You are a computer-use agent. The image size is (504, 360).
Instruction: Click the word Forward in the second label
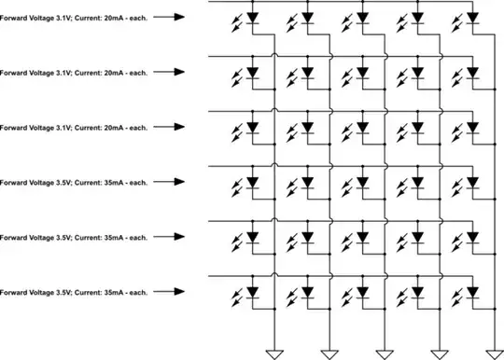[x=13, y=72]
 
